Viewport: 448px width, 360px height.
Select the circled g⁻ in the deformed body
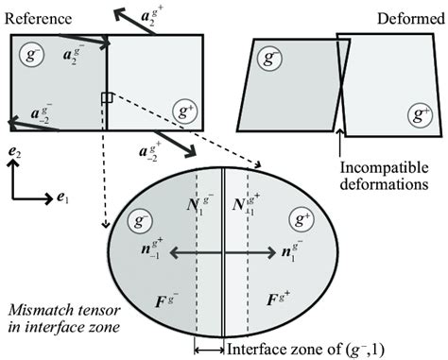pyautogui.click(x=272, y=60)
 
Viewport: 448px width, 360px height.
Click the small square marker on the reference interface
pyautogui.click(x=107, y=98)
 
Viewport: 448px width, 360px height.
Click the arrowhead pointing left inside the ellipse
pyautogui.click(x=173, y=253)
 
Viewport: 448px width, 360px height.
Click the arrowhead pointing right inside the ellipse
pyautogui.click(x=273, y=253)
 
